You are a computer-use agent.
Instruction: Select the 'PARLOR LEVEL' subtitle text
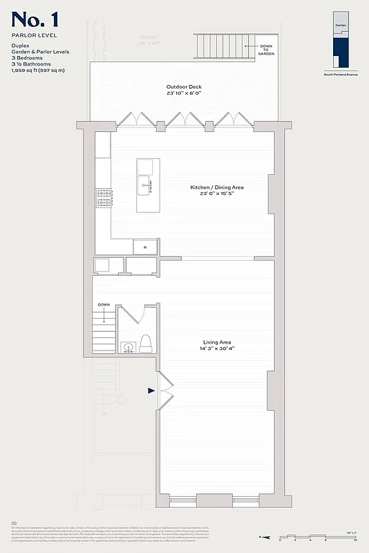coord(33,34)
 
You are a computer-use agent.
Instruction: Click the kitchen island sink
coord(146,184)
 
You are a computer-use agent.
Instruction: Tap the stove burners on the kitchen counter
coord(104,198)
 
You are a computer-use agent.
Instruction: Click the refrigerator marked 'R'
coord(145,247)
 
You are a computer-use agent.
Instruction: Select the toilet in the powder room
coord(146,343)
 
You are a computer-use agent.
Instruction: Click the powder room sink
coord(126,346)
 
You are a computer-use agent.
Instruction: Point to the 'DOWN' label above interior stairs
coord(104,305)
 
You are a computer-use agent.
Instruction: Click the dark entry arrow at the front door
coord(151,391)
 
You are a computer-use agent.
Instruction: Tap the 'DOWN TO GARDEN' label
coord(267,48)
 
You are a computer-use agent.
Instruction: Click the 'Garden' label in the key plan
coord(341,24)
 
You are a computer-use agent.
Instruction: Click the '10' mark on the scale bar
coord(354,540)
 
